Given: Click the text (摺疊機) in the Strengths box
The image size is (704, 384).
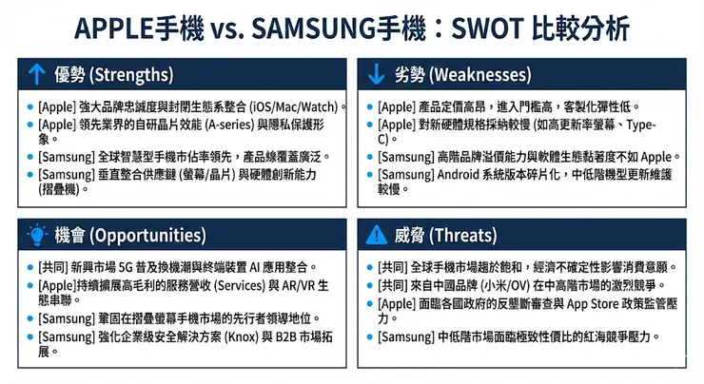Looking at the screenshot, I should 62,189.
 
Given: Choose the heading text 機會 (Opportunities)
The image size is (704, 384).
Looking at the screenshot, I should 118,234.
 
